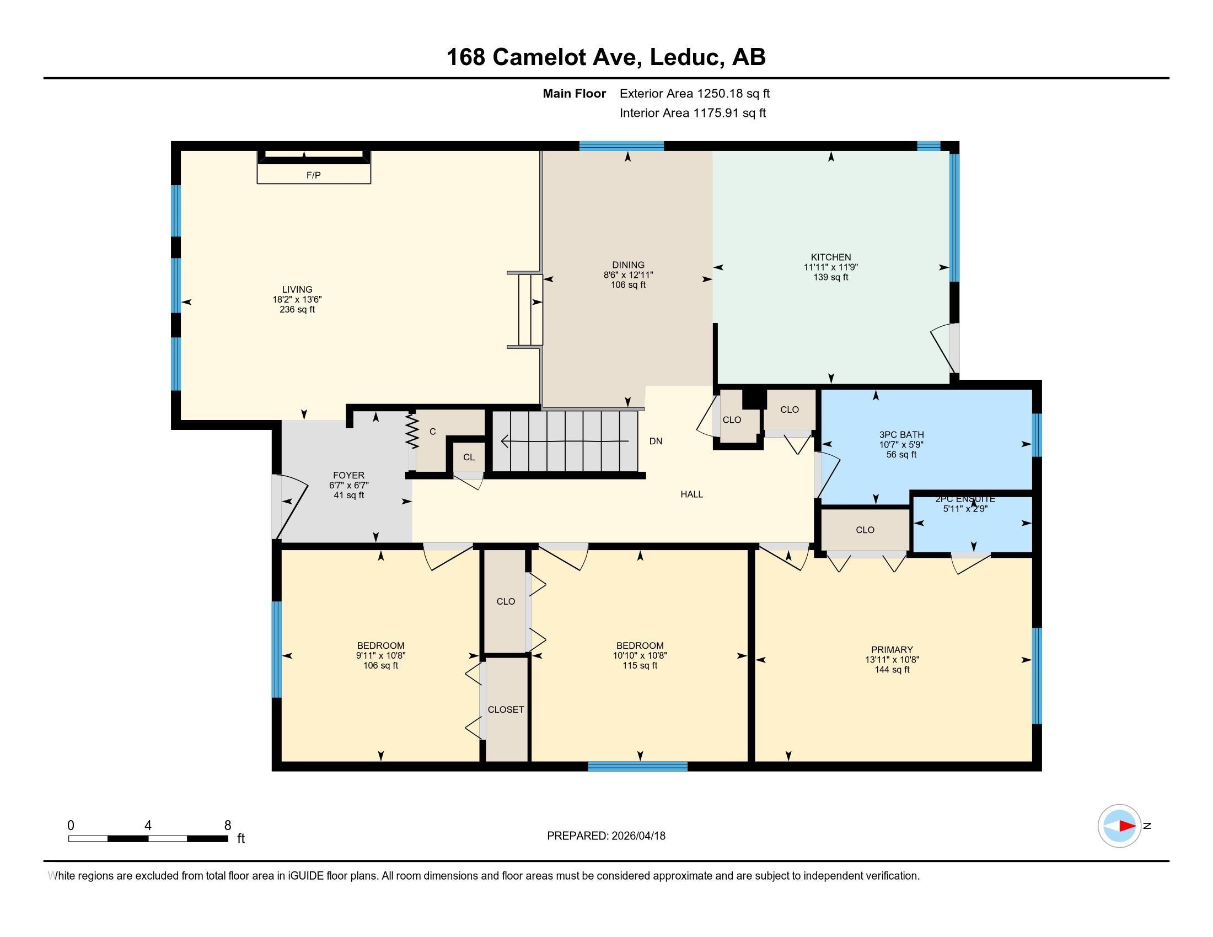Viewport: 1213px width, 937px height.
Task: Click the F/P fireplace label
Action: [x=314, y=175]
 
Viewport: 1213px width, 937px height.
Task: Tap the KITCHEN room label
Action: [x=831, y=257]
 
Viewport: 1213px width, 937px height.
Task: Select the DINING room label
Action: [x=628, y=265]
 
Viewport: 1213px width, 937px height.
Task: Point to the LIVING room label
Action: [x=297, y=289]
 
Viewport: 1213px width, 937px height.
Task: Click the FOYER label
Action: [x=349, y=475]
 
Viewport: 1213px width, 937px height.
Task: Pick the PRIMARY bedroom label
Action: [x=892, y=649]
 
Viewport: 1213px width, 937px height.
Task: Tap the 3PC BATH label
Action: [x=901, y=435]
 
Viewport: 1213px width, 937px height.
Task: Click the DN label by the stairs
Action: [x=656, y=441]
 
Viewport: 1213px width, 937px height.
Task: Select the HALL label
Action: [x=692, y=494]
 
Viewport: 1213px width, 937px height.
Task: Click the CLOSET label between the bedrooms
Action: [x=506, y=709]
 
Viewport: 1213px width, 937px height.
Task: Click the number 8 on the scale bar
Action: [x=227, y=826]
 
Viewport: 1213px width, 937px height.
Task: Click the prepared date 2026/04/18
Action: [x=638, y=836]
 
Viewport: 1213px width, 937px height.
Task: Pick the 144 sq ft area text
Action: [x=892, y=670]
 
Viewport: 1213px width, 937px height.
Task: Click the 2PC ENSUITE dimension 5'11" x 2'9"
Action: [x=965, y=509]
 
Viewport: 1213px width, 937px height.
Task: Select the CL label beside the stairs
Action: [x=469, y=457]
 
